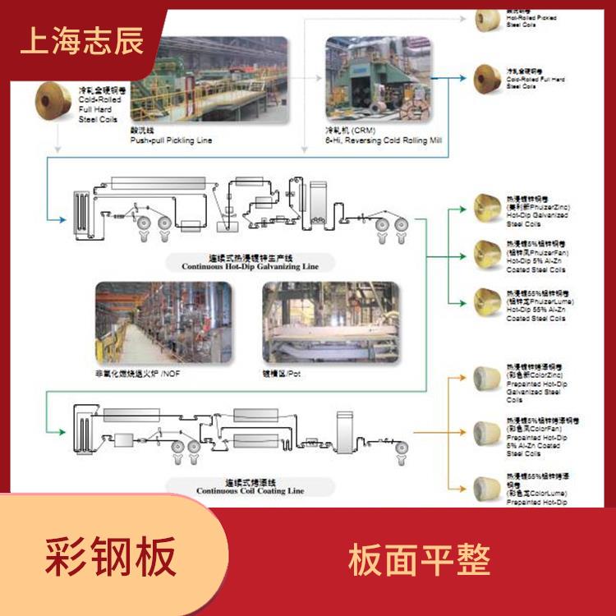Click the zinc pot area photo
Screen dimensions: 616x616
point(329,325)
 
